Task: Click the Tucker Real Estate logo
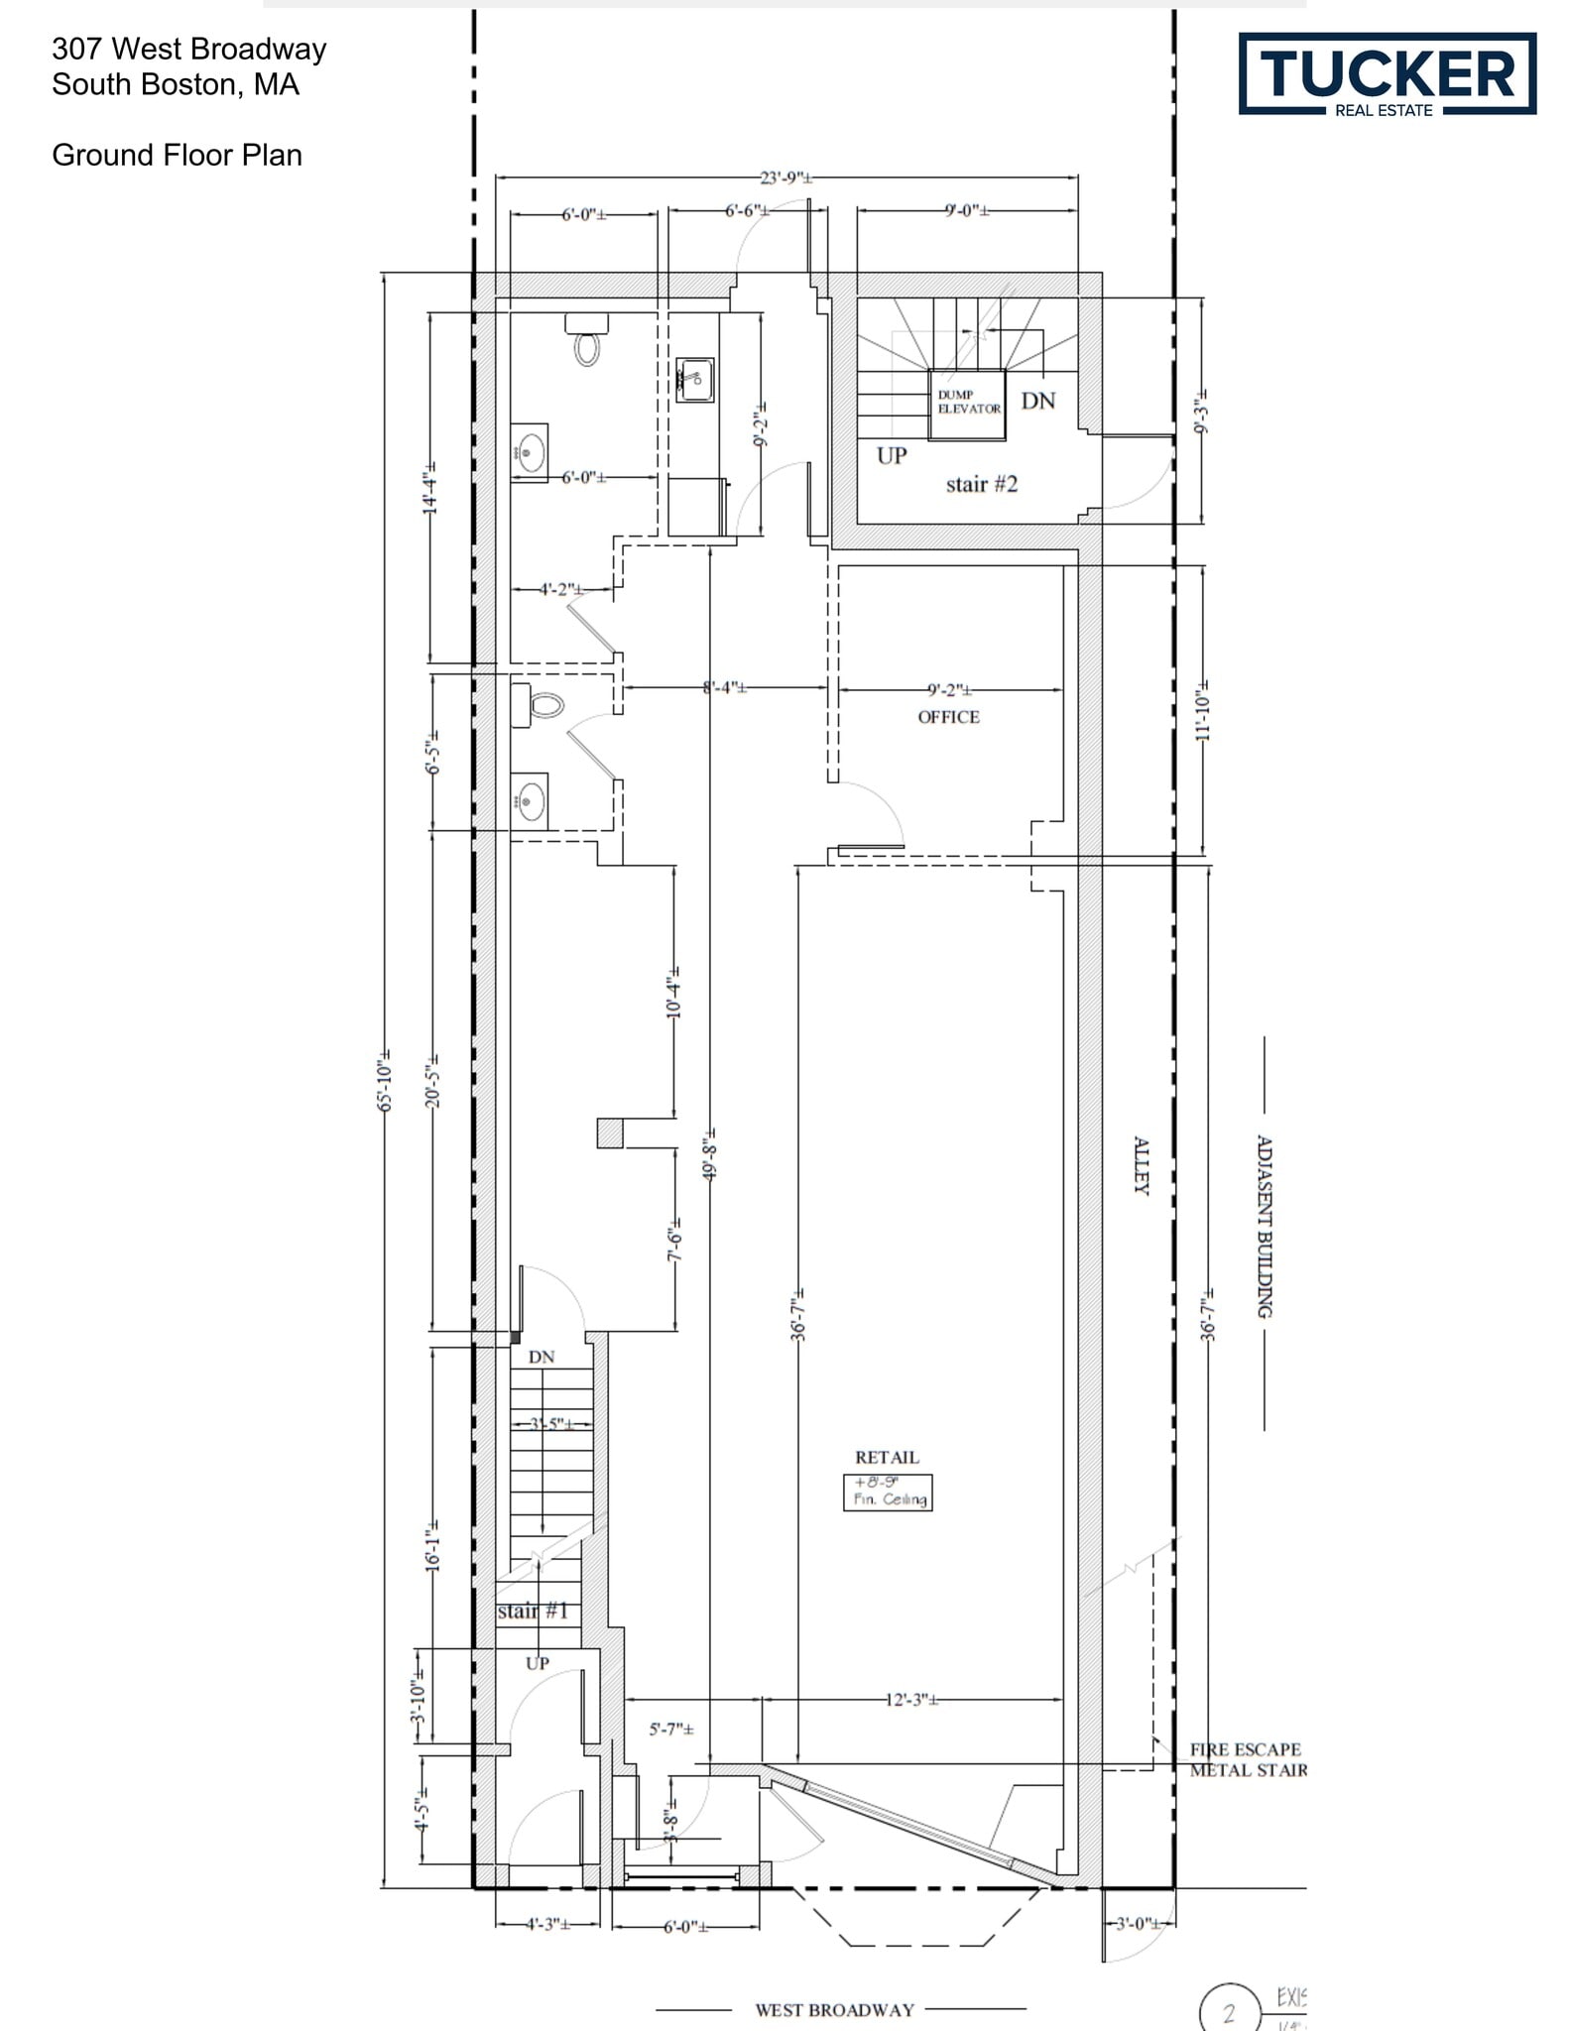click(x=1387, y=74)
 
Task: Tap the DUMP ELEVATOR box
click(x=967, y=404)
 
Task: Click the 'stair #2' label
click(x=981, y=484)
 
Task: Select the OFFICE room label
click(x=948, y=717)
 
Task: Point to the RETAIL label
click(x=887, y=1457)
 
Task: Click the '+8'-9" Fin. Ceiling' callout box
click(x=888, y=1492)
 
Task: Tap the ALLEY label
click(x=1142, y=1165)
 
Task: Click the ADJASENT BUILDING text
click(x=1265, y=1227)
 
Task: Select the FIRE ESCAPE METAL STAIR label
click(x=1248, y=1759)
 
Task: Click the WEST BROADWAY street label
click(x=834, y=2010)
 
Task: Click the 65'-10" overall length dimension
click(x=386, y=1080)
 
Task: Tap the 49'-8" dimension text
click(x=710, y=1154)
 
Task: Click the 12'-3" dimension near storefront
click(x=911, y=1700)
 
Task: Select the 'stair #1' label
click(x=533, y=1611)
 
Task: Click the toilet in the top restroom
click(x=587, y=341)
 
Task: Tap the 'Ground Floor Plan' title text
click(x=177, y=156)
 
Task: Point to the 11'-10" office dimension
click(x=1203, y=711)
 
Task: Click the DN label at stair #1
click(x=541, y=1357)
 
